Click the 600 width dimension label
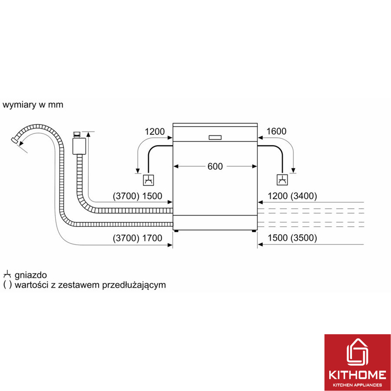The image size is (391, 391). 215,166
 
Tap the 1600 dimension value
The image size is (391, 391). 276,131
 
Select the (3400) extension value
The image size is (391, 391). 303,196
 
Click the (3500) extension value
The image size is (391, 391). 303,238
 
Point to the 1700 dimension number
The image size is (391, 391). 152,238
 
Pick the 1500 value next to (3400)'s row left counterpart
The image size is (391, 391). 152,196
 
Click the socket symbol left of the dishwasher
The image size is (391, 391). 148,180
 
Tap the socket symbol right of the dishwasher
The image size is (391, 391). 282,180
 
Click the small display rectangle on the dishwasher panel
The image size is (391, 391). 215,137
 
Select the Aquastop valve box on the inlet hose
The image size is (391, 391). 79,146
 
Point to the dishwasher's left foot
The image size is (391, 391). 177,231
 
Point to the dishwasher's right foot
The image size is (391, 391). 254,231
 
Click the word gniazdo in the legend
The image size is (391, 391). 30,275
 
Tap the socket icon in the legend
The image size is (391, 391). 7,274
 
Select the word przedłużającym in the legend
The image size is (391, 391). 134,285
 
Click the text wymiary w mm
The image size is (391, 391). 33,105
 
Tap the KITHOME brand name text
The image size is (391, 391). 358,375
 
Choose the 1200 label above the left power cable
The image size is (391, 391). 154,132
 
